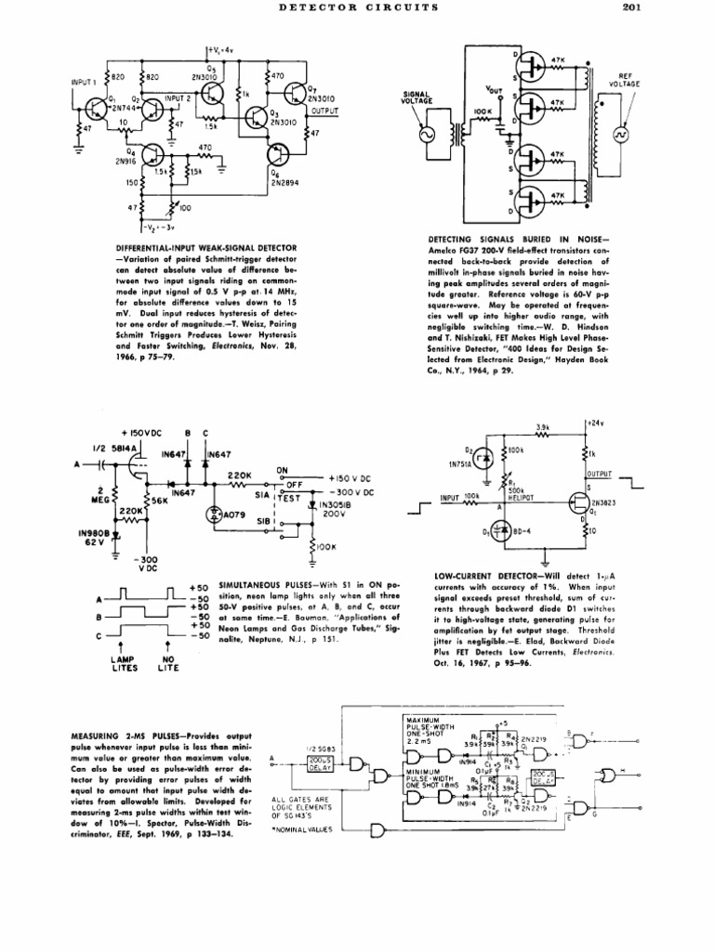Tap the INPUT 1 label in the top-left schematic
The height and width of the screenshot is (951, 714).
coord(85,82)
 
